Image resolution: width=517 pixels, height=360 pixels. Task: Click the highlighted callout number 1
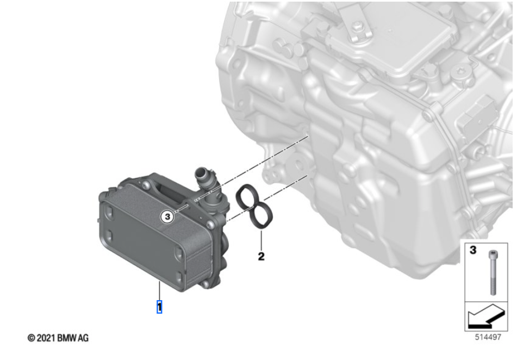tap(159, 307)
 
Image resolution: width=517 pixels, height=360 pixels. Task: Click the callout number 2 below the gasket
tap(261, 256)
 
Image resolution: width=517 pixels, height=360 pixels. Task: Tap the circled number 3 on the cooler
tap(167, 217)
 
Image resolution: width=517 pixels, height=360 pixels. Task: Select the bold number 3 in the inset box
tap(473, 250)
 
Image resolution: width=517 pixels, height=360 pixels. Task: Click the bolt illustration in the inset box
tap(493, 272)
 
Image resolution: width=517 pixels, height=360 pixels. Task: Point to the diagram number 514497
tap(488, 337)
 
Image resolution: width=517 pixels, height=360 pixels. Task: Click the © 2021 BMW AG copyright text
tap(58, 338)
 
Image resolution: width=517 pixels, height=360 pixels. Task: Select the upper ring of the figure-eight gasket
tap(247, 197)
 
